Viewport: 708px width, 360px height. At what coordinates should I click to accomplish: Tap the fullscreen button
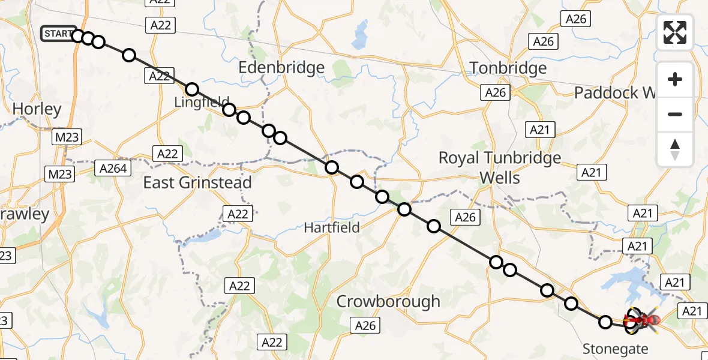(675, 32)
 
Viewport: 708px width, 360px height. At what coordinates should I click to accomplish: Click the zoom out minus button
(675, 114)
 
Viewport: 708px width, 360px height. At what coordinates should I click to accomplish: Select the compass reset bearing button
(675, 149)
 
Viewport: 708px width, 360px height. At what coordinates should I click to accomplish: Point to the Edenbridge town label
(281, 68)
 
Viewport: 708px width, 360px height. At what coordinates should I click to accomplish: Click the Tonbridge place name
(508, 68)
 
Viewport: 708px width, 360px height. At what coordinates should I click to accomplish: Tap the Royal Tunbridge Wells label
(500, 167)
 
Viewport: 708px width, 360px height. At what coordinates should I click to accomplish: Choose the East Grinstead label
(197, 182)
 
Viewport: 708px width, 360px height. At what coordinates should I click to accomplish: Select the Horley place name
(37, 109)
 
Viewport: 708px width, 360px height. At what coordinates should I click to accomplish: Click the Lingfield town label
(202, 103)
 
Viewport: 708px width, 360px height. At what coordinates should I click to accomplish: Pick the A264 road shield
(113, 169)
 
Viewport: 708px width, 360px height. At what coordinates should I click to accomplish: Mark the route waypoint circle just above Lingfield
(192, 90)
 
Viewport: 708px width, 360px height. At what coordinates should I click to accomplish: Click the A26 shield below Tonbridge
(495, 92)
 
